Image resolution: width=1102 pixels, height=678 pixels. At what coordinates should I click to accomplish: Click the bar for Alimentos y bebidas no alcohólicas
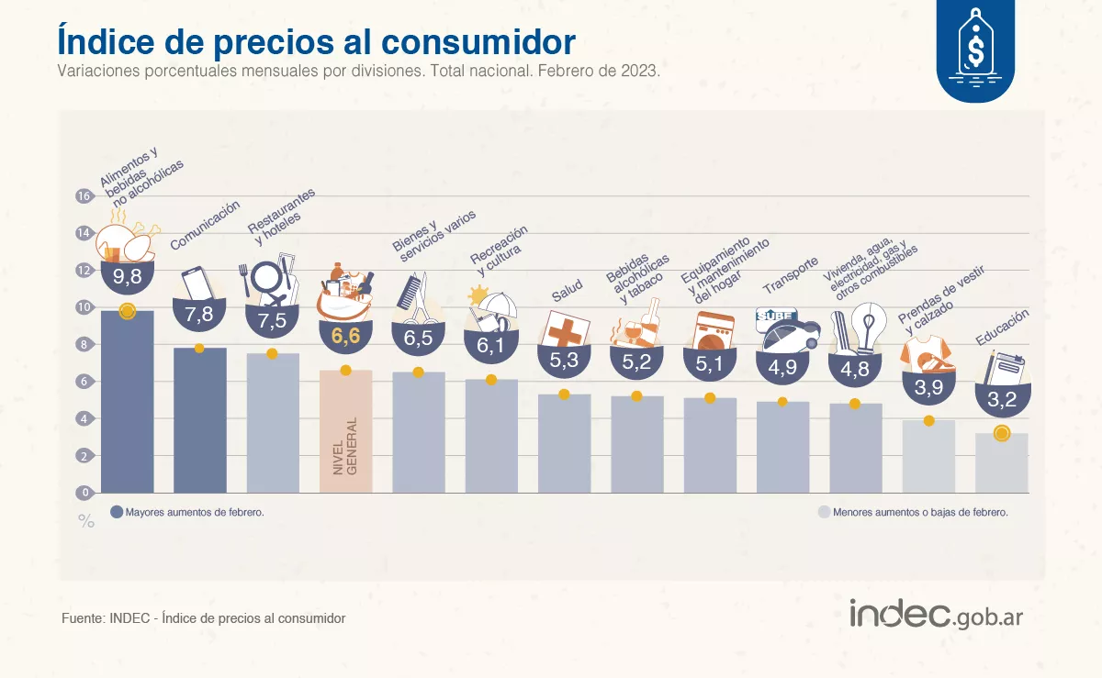[x=127, y=404]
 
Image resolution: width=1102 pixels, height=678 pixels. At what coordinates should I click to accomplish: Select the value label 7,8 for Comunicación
[x=199, y=315]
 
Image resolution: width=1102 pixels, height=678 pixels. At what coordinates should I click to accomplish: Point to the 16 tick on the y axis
[x=84, y=196]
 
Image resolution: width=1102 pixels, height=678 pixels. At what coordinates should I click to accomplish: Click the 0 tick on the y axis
[x=84, y=493]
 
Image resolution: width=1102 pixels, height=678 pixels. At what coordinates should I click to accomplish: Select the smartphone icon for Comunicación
[x=197, y=283]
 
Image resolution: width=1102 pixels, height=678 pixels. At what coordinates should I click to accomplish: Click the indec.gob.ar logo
[x=936, y=615]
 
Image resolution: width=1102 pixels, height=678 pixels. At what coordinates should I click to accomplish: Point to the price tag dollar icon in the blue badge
[x=975, y=46]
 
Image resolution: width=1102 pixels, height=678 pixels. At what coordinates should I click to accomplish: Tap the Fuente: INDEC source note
[x=203, y=618]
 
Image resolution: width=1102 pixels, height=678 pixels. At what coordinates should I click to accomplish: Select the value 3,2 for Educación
[x=1001, y=401]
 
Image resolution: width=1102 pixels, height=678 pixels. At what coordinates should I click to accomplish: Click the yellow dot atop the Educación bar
[x=1001, y=433]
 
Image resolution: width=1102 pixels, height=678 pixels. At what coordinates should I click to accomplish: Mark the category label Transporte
[x=791, y=275]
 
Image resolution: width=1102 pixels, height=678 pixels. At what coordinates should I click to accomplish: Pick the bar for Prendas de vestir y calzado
[x=928, y=457]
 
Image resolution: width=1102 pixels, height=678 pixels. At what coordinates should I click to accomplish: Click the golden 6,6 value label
[x=345, y=337]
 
